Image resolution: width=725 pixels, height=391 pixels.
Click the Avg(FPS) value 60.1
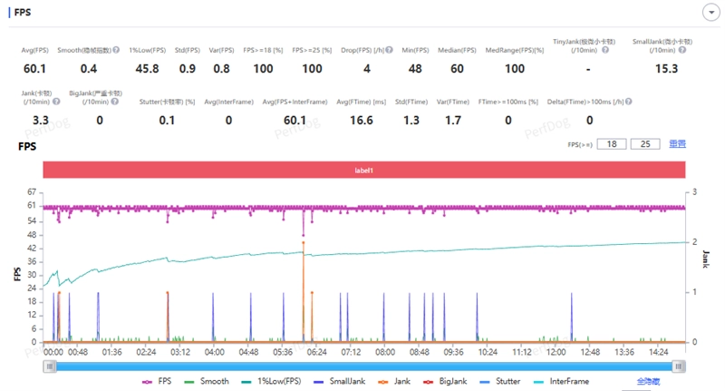(34, 69)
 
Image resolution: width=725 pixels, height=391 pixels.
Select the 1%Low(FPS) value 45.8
(147, 69)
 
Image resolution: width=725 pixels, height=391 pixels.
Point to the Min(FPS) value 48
(415, 69)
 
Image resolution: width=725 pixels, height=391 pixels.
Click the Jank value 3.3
(40, 120)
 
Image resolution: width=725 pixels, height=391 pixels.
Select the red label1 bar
(362, 170)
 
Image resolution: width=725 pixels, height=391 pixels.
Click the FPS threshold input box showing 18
(613, 144)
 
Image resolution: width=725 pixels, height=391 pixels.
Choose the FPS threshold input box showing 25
(645, 144)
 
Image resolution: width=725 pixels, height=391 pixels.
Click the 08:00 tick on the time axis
(385, 352)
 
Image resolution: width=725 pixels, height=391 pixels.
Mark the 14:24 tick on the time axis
(658, 352)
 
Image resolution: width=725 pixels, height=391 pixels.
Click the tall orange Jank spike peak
(304, 242)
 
